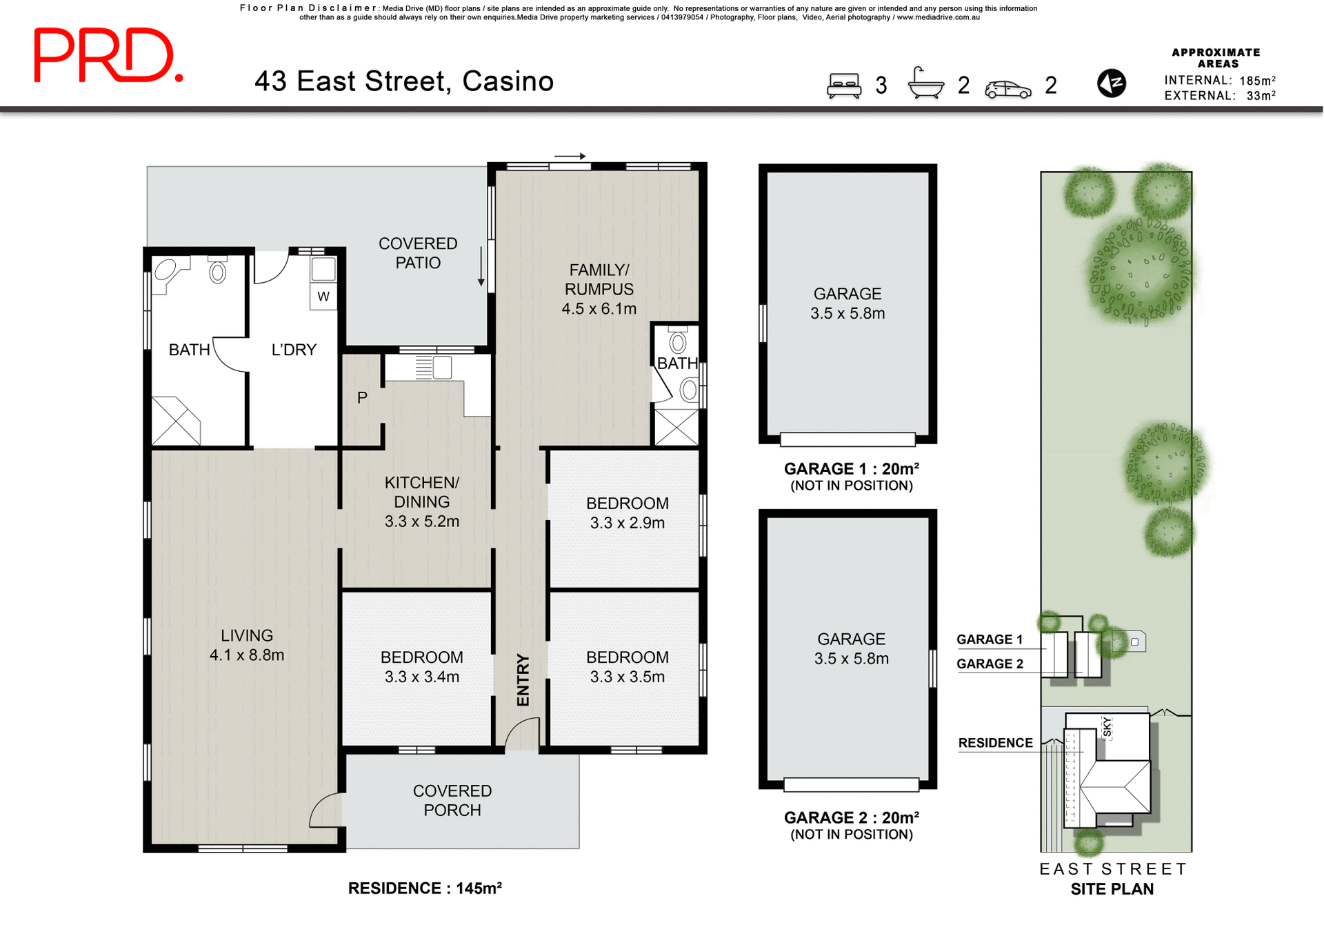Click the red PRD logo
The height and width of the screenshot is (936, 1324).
point(108,55)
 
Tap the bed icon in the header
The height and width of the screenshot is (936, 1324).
point(844,86)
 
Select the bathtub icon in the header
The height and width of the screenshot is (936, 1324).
point(925,84)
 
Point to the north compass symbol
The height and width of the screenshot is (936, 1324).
point(1111,83)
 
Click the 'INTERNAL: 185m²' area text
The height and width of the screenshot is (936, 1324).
point(1219,81)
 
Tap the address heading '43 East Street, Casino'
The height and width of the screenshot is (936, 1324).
point(404,81)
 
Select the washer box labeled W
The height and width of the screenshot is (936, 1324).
point(323,297)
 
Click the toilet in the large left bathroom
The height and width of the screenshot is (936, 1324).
point(217,272)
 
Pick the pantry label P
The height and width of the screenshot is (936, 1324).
point(362,397)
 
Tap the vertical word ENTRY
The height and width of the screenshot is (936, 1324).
point(523,680)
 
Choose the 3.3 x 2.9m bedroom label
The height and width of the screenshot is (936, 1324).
point(627,513)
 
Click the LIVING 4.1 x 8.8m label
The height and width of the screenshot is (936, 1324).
point(246,645)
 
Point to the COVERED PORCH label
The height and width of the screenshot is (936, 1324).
point(452,800)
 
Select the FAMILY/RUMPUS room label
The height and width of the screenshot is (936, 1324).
point(599,289)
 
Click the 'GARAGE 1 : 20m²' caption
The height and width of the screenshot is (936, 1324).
point(851,469)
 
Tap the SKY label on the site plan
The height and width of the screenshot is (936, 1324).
point(1107,727)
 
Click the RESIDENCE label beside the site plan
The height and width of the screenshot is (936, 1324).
point(995,743)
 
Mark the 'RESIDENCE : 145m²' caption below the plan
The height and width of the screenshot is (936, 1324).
point(425,888)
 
